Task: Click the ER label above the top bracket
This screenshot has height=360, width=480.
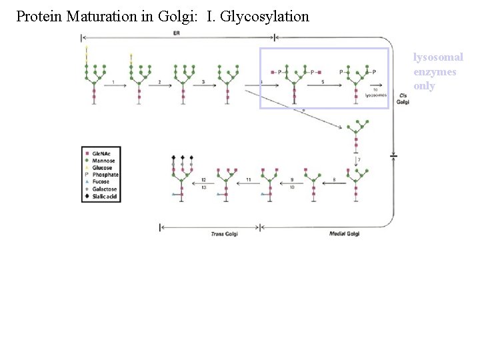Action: point(175,33)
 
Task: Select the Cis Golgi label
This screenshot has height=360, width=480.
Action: point(403,98)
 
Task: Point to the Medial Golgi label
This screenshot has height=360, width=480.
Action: point(344,234)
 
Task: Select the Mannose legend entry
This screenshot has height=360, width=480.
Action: point(103,161)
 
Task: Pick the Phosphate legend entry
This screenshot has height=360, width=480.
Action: point(105,175)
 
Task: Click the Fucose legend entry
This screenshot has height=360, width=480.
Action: point(102,182)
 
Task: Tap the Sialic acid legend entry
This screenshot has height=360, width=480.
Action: point(105,197)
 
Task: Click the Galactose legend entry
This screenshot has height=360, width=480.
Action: point(105,189)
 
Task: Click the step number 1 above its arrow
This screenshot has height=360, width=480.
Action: point(114,82)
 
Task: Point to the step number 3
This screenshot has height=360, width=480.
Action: point(203,82)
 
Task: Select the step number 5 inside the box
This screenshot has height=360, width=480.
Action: point(323,82)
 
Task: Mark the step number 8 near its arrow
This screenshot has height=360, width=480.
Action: point(333,180)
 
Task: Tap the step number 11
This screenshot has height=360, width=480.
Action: point(248,180)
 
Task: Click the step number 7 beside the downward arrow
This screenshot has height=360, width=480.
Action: point(359,160)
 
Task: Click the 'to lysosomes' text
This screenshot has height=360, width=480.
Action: point(376,93)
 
